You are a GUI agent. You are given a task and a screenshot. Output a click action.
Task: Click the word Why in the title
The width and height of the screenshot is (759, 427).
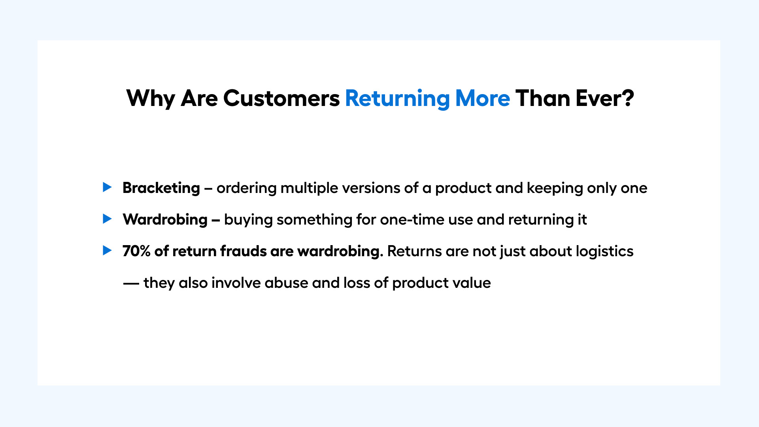[151, 99]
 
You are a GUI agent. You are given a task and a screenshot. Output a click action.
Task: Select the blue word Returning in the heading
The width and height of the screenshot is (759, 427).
[397, 99]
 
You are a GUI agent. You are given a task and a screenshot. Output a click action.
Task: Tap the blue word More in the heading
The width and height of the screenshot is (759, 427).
[483, 98]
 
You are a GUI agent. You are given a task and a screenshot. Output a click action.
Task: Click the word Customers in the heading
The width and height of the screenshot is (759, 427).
[281, 98]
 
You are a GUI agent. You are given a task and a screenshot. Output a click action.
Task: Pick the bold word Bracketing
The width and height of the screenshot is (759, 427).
[161, 188]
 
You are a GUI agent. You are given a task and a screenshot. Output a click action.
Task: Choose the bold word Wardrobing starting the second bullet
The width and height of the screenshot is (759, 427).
[165, 219]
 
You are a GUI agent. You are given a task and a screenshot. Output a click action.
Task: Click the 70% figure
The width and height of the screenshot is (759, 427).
[136, 251]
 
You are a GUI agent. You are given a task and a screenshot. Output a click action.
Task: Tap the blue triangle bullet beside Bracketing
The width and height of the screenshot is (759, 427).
[107, 187]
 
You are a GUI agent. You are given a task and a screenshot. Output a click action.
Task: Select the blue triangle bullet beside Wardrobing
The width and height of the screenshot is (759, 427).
[107, 219]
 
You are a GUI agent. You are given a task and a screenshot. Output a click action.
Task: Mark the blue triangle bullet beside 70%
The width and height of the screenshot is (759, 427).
[107, 250]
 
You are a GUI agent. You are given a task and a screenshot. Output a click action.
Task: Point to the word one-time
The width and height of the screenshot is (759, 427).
[412, 219]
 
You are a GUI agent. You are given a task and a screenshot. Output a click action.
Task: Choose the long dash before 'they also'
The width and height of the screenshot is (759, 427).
[131, 283]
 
